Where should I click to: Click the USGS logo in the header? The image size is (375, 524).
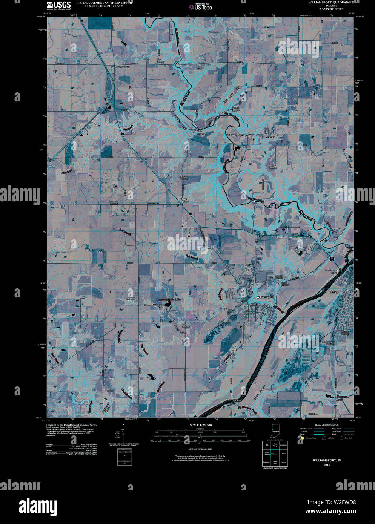58,5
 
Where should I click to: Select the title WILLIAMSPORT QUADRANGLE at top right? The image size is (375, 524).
331,2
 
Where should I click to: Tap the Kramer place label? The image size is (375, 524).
269,137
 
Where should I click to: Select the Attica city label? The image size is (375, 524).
334,292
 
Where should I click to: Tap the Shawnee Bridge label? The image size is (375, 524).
236,402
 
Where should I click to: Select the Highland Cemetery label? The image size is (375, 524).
279,277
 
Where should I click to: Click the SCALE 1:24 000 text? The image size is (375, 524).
200,425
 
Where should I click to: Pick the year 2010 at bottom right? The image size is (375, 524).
327,464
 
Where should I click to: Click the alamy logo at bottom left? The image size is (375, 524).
38,507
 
